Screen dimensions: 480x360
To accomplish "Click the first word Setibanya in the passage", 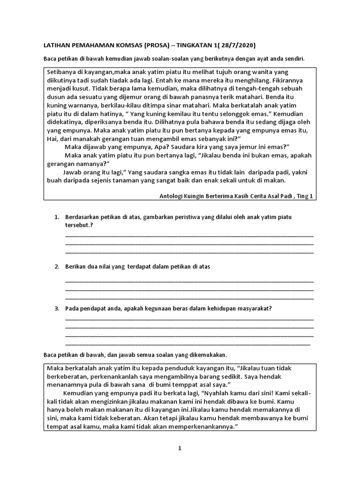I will pyautogui.click(x=62, y=72).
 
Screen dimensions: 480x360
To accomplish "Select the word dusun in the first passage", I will pyautogui.click(x=55, y=97).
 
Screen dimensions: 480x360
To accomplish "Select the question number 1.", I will pyautogui.click(x=56, y=217).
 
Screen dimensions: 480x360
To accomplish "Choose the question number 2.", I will pyautogui.click(x=56, y=267).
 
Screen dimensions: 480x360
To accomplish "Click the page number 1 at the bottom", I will pyautogui.click(x=180, y=449).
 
